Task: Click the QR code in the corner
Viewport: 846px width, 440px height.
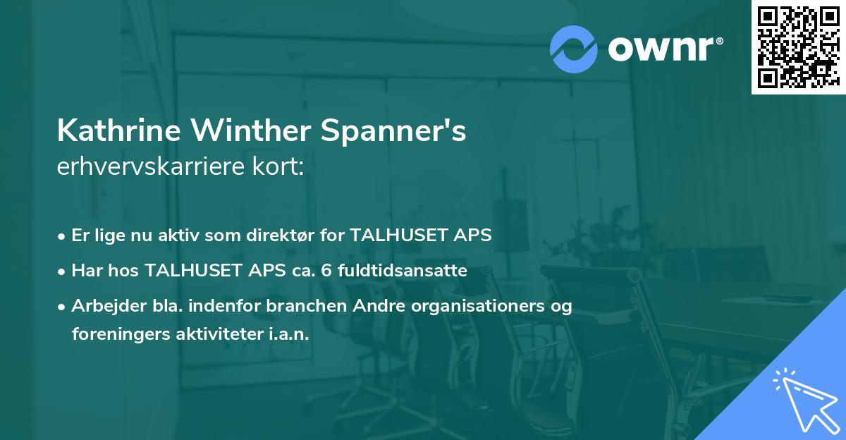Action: tap(798, 47)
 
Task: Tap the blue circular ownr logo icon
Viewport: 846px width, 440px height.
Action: tap(574, 49)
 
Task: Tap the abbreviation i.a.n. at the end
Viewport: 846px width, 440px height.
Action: tap(289, 334)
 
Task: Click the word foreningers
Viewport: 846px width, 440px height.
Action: tap(118, 334)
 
